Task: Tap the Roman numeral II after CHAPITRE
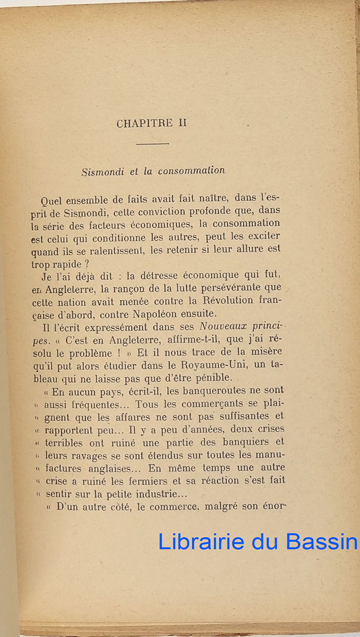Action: (x=182, y=123)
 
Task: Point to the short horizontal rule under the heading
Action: (x=152, y=143)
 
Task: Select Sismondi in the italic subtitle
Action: (x=102, y=171)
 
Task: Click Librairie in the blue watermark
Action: (x=202, y=541)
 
